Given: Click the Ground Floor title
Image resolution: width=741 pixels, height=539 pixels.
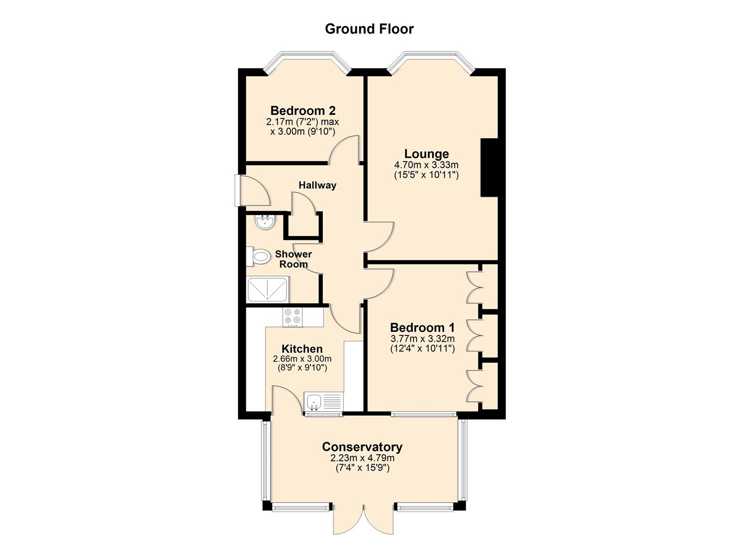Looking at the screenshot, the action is pyautogui.click(x=369, y=29).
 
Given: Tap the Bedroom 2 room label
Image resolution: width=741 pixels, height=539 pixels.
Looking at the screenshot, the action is pyautogui.click(x=303, y=110).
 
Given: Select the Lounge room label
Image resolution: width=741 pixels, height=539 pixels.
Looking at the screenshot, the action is pyautogui.click(x=427, y=154).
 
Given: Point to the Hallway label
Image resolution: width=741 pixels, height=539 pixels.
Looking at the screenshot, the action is pyautogui.click(x=317, y=185).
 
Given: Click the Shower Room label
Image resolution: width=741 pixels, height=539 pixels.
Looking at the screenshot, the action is pyautogui.click(x=293, y=259).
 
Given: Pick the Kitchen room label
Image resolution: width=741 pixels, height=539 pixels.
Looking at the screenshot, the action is pyautogui.click(x=302, y=349).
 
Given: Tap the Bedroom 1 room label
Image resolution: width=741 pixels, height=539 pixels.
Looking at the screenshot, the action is pyautogui.click(x=423, y=327).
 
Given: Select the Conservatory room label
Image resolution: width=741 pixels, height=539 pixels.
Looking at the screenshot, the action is pyautogui.click(x=362, y=447).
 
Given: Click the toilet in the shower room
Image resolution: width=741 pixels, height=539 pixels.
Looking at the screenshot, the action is pyautogui.click(x=258, y=257).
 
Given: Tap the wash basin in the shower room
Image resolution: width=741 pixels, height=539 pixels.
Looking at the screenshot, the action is pyautogui.click(x=264, y=221).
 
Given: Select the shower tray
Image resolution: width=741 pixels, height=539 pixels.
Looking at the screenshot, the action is pyautogui.click(x=267, y=289).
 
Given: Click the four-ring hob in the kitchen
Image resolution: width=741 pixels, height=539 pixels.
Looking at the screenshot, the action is pyautogui.click(x=293, y=316).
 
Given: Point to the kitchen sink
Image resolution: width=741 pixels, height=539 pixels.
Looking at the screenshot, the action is pyautogui.click(x=323, y=402).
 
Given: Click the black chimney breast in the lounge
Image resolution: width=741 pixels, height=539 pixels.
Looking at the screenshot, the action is pyautogui.click(x=489, y=168).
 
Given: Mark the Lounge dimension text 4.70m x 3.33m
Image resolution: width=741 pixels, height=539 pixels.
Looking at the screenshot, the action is pyautogui.click(x=427, y=165).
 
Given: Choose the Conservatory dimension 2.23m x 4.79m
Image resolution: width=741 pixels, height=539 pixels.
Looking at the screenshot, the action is pyautogui.click(x=362, y=458).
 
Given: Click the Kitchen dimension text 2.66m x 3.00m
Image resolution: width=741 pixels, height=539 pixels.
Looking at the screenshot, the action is pyautogui.click(x=302, y=359).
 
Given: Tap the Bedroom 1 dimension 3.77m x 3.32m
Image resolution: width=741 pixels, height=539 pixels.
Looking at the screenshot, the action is pyautogui.click(x=423, y=338).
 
